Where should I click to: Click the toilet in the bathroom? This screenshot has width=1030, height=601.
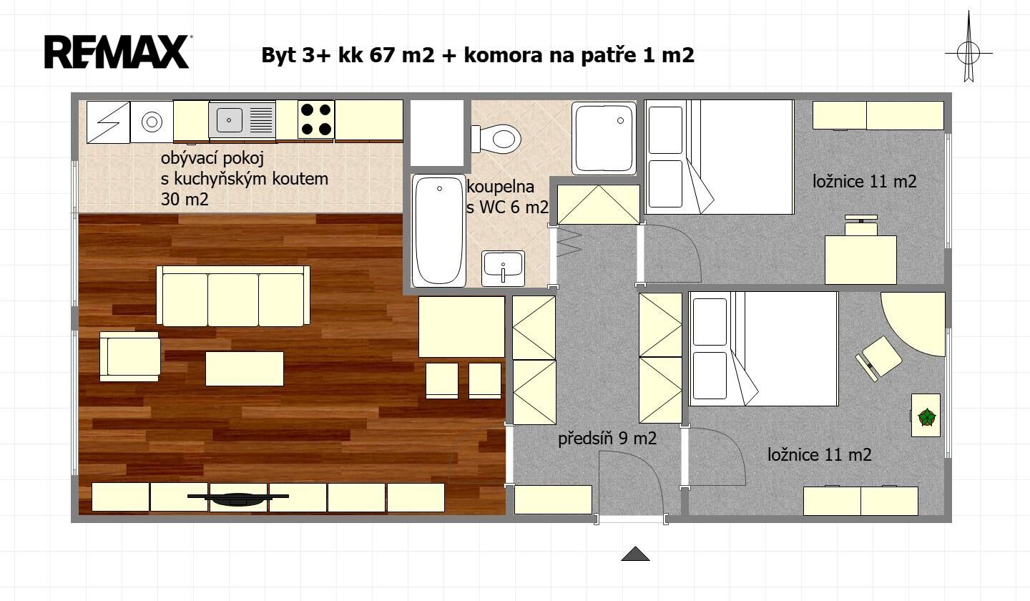pyautogui.click(x=496, y=138)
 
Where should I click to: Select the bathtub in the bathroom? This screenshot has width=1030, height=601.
pyautogui.click(x=438, y=230)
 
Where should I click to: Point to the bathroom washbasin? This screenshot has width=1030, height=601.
pyautogui.click(x=503, y=268)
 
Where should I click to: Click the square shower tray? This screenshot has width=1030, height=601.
pyautogui.click(x=604, y=138)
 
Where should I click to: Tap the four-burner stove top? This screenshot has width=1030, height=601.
pyautogui.click(x=316, y=119)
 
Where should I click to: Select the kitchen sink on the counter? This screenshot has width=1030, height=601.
pyautogui.click(x=242, y=120)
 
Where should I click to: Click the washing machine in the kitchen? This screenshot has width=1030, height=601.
pyautogui.click(x=152, y=122)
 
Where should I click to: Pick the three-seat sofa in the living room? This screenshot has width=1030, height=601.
pyautogui.click(x=233, y=296)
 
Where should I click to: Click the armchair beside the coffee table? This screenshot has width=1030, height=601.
pyautogui.click(x=130, y=357)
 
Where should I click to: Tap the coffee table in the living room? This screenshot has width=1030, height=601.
pyautogui.click(x=245, y=368)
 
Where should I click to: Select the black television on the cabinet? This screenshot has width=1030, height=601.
pyautogui.click(x=237, y=499)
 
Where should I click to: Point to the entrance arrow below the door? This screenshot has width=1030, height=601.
pyautogui.click(x=635, y=554)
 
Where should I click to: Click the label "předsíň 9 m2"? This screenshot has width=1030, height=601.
pyautogui.click(x=607, y=438)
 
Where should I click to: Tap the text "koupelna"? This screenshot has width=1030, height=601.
pyautogui.click(x=500, y=187)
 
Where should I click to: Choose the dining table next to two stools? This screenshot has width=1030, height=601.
pyautogui.click(x=461, y=327)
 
